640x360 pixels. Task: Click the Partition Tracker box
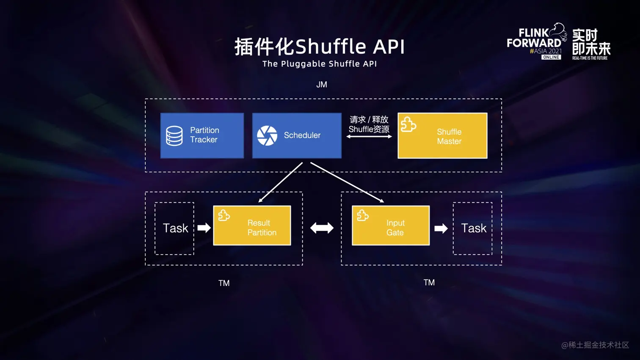click(x=202, y=135)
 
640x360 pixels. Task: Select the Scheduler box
click(x=297, y=135)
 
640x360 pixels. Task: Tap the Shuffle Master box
click(x=442, y=136)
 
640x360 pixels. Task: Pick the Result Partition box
click(x=252, y=225)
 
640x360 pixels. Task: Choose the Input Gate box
click(x=391, y=225)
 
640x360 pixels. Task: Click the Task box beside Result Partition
click(x=174, y=228)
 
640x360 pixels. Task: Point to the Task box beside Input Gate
click(x=473, y=228)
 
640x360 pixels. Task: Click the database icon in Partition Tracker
click(x=174, y=136)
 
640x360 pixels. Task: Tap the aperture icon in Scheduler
click(x=267, y=136)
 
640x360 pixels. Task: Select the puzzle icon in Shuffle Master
click(x=408, y=125)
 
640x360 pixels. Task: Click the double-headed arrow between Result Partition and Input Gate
click(x=322, y=228)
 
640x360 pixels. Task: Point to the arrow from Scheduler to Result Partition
click(x=280, y=182)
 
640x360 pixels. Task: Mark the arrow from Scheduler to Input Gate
click(x=347, y=182)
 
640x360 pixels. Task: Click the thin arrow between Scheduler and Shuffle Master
click(x=369, y=137)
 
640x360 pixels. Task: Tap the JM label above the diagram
click(x=322, y=85)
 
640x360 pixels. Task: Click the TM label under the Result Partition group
click(x=224, y=283)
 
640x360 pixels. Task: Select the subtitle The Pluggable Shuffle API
click(x=320, y=64)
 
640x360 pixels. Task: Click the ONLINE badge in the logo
click(x=551, y=57)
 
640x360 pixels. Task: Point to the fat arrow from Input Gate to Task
click(x=441, y=228)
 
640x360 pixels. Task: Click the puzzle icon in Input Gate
click(x=363, y=215)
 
